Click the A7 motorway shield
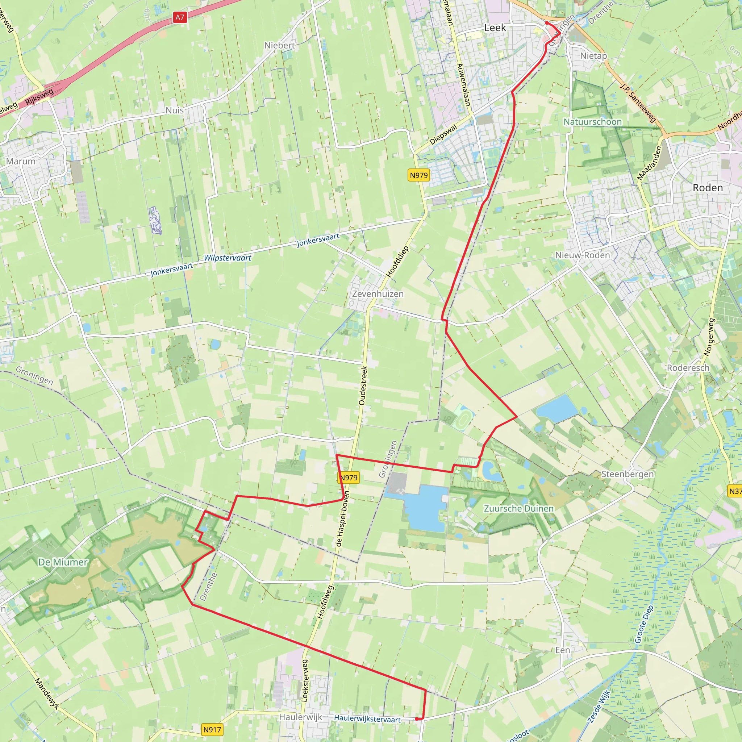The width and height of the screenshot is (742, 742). click(180, 17)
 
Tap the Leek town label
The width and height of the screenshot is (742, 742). click(495, 28)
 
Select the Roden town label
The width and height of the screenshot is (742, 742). click(708, 188)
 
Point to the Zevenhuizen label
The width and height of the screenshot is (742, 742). click(378, 294)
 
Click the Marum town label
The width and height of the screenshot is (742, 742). click(21, 161)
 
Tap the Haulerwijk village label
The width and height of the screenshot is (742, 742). click(301, 717)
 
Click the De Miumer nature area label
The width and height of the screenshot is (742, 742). click(63, 562)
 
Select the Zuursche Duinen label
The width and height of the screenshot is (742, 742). click(518, 508)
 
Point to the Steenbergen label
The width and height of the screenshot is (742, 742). click(627, 474)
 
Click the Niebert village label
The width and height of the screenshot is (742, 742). click(280, 45)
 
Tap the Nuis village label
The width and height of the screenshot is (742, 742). click(175, 110)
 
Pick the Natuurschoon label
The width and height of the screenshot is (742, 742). click(593, 122)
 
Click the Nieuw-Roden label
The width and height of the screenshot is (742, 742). click(582, 255)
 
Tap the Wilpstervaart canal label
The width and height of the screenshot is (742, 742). click(228, 258)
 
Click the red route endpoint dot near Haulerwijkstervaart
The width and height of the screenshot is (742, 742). click(417, 718)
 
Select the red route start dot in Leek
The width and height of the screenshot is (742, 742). click(546, 23)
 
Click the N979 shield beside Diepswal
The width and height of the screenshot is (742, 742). click(418, 175)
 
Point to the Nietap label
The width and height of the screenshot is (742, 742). click(593, 56)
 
